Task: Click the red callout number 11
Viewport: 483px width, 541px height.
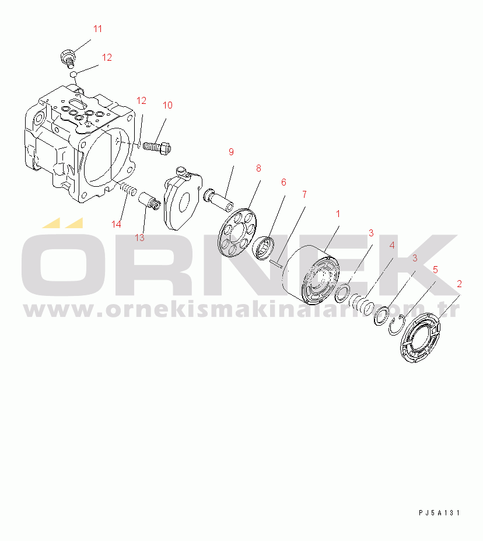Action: [97, 29]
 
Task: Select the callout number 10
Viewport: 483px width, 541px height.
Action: [167, 106]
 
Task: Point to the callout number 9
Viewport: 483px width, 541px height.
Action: [231, 152]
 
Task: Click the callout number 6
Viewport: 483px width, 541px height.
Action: [283, 182]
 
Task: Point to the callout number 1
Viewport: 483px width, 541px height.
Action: [338, 214]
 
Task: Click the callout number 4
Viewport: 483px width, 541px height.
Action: [392, 245]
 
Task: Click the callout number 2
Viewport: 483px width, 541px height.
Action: [460, 284]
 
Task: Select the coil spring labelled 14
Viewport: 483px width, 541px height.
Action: [128, 189]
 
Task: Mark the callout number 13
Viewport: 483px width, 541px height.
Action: [139, 238]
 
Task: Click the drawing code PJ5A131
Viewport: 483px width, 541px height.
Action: [439, 513]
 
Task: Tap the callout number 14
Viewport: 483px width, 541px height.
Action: [117, 224]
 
